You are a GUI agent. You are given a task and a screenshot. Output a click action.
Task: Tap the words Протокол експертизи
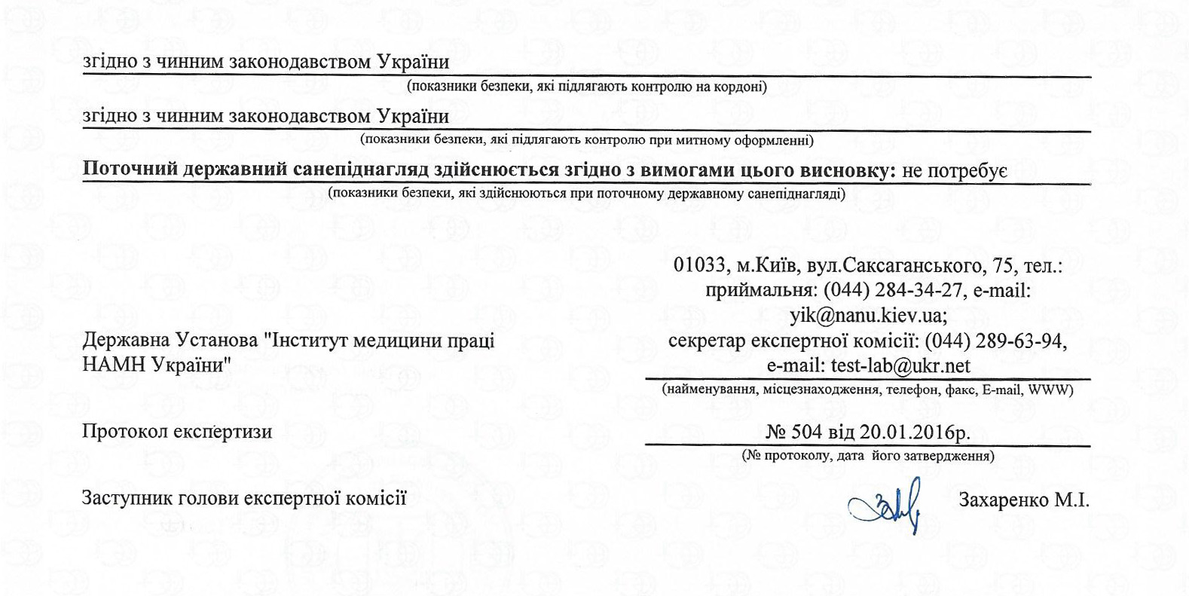tap(177, 432)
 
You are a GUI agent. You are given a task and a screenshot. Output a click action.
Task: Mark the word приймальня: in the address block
tap(761, 290)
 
